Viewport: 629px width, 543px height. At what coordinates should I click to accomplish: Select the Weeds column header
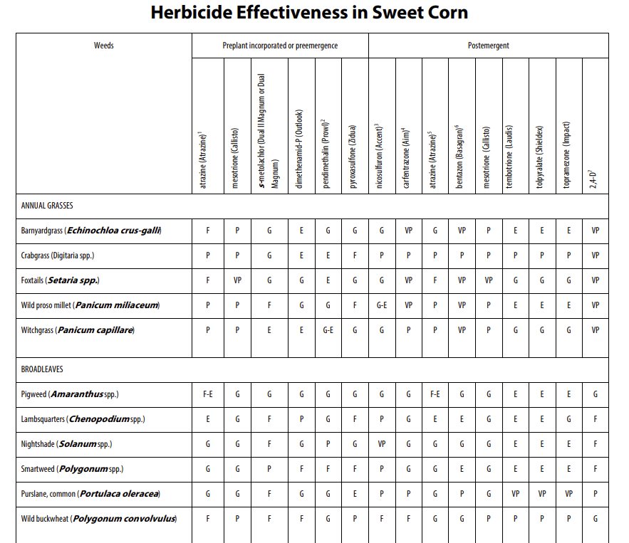[x=104, y=46]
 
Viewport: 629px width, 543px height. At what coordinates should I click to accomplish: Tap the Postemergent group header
[x=488, y=46]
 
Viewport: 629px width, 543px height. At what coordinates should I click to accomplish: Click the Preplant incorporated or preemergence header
[x=280, y=46]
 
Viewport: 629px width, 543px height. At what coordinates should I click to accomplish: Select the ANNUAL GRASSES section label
[x=47, y=206]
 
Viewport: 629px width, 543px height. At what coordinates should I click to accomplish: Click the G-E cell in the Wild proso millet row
[x=381, y=305]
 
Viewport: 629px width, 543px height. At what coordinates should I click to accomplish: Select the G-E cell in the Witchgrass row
[x=328, y=330]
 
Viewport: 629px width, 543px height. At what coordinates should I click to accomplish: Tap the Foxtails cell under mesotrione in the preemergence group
[x=237, y=280]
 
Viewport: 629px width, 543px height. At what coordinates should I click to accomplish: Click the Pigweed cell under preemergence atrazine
[x=208, y=394]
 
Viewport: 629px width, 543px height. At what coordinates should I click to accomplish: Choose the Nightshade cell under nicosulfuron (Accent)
[x=381, y=444]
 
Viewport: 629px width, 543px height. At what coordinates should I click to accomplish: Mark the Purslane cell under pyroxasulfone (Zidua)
[x=355, y=494]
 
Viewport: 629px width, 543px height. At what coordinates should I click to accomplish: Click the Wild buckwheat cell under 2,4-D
[x=595, y=519]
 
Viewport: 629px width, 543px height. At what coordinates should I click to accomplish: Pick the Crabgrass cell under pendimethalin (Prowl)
[x=328, y=255]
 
